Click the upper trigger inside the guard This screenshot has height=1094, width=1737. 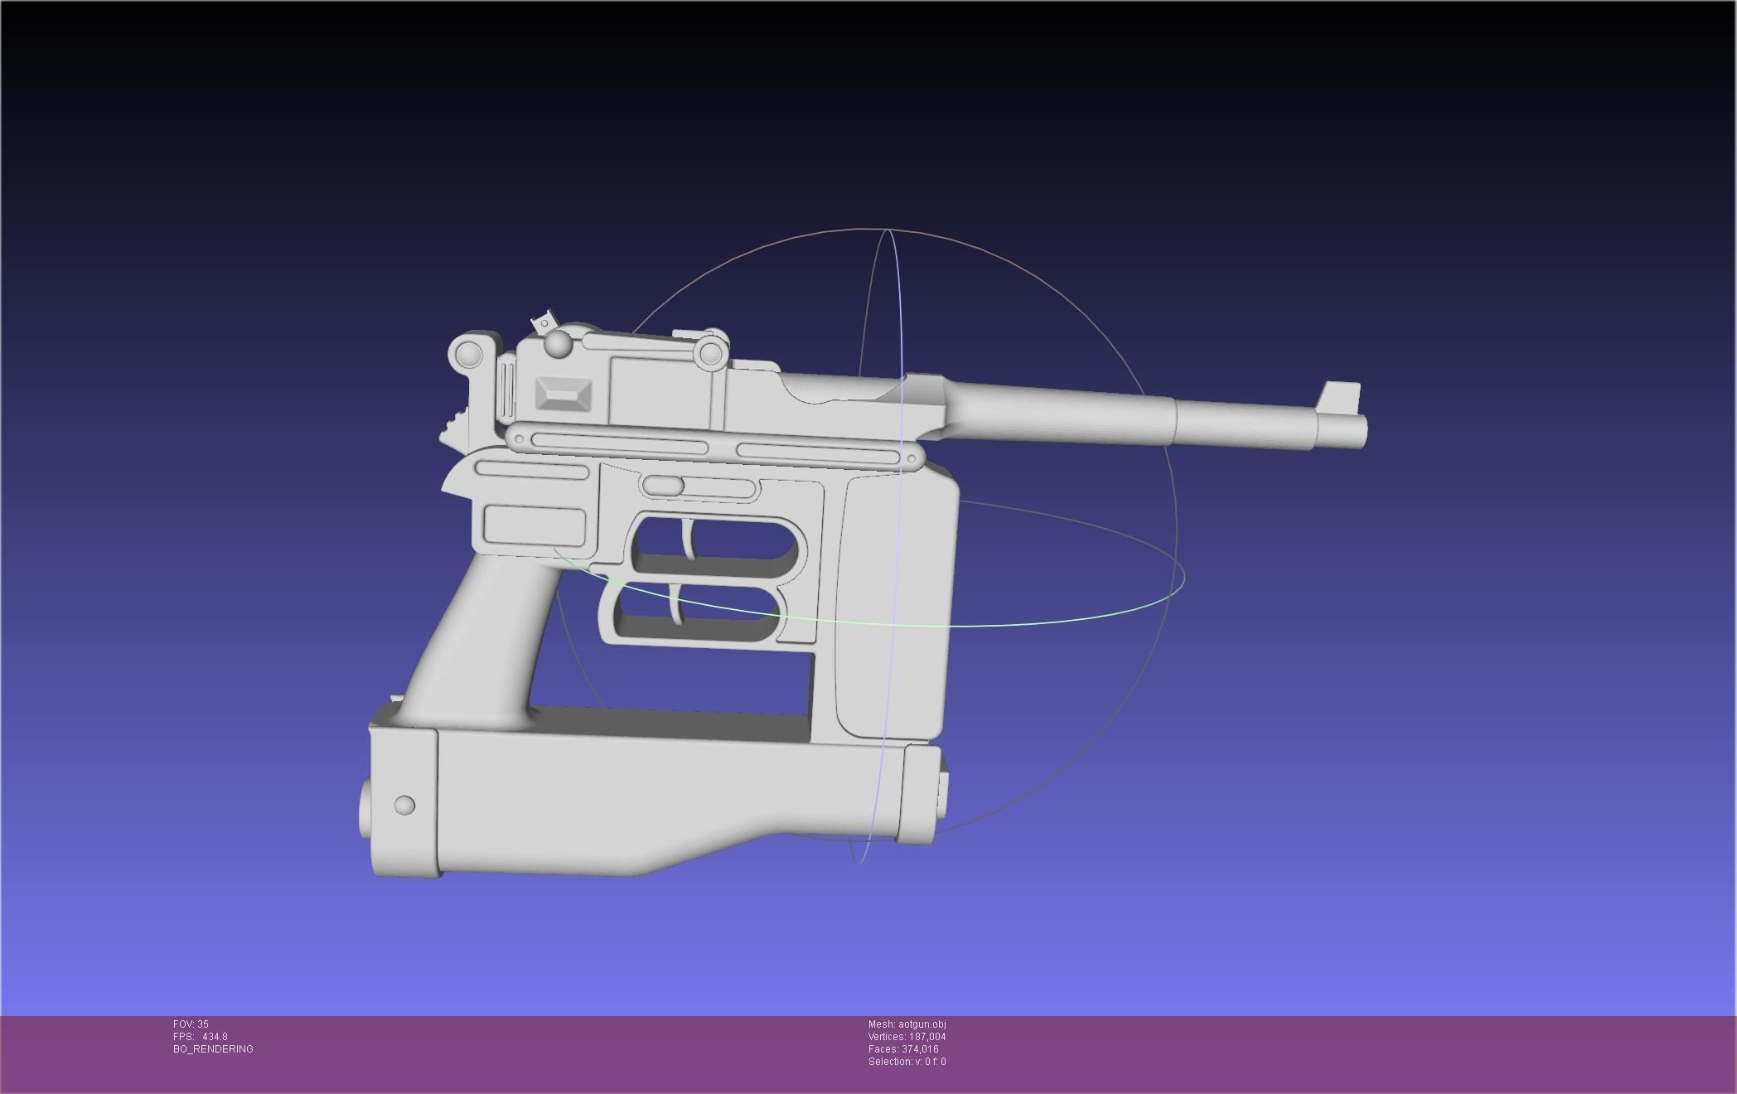point(688,540)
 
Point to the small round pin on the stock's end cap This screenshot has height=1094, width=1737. point(404,805)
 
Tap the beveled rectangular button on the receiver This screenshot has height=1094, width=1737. point(564,394)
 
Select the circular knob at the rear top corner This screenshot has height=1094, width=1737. point(467,354)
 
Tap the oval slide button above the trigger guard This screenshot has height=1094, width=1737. point(662,486)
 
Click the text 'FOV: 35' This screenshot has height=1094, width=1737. point(191,1024)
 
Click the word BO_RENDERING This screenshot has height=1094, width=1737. point(213,1049)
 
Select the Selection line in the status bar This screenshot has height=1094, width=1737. point(907,1062)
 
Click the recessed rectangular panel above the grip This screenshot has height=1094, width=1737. point(534,525)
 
